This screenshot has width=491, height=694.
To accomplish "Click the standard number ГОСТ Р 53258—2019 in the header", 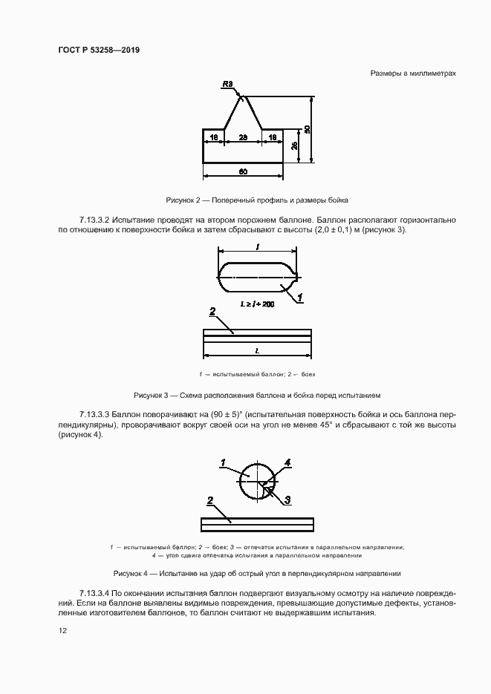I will [99, 50].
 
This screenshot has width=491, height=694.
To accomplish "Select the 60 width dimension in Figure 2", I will [242, 171].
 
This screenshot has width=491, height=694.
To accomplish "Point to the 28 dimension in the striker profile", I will [242, 137].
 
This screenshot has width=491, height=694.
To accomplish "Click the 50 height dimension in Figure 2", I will [307, 128].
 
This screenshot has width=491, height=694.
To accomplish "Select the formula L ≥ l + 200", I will [257, 304].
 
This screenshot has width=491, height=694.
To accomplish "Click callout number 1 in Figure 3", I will [301, 298].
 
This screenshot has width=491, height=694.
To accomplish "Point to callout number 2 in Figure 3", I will [212, 311].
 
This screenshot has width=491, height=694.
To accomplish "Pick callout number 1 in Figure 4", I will [222, 463].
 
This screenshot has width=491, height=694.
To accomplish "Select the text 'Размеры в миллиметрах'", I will [412, 73].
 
